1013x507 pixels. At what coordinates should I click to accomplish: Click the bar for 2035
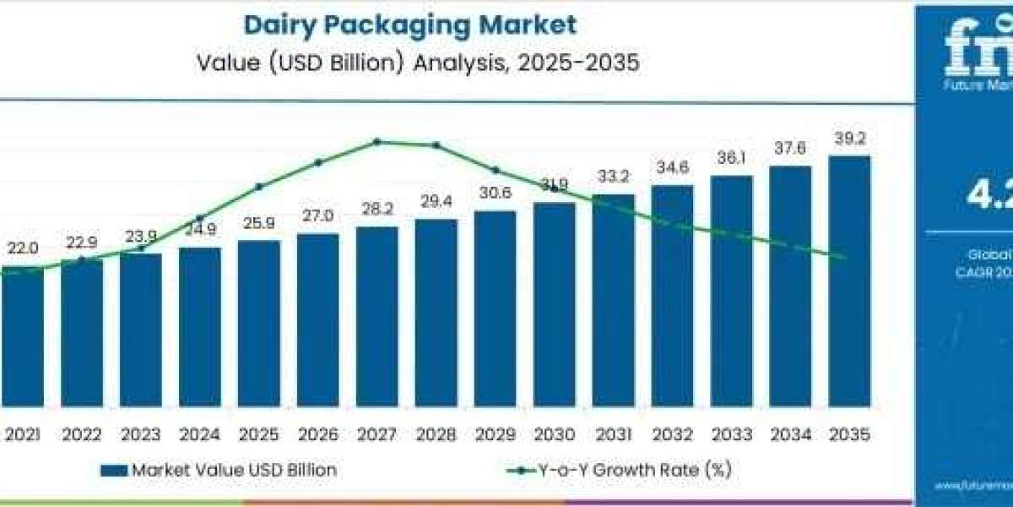tap(849, 279)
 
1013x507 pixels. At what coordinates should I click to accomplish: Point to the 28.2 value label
tap(376, 209)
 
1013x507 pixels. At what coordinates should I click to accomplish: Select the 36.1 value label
tap(731, 158)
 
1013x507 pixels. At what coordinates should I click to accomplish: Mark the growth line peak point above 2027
tap(376, 141)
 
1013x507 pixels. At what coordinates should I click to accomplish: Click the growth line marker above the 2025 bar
tap(259, 186)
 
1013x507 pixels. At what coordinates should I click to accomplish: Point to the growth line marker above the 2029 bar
tap(496, 170)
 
